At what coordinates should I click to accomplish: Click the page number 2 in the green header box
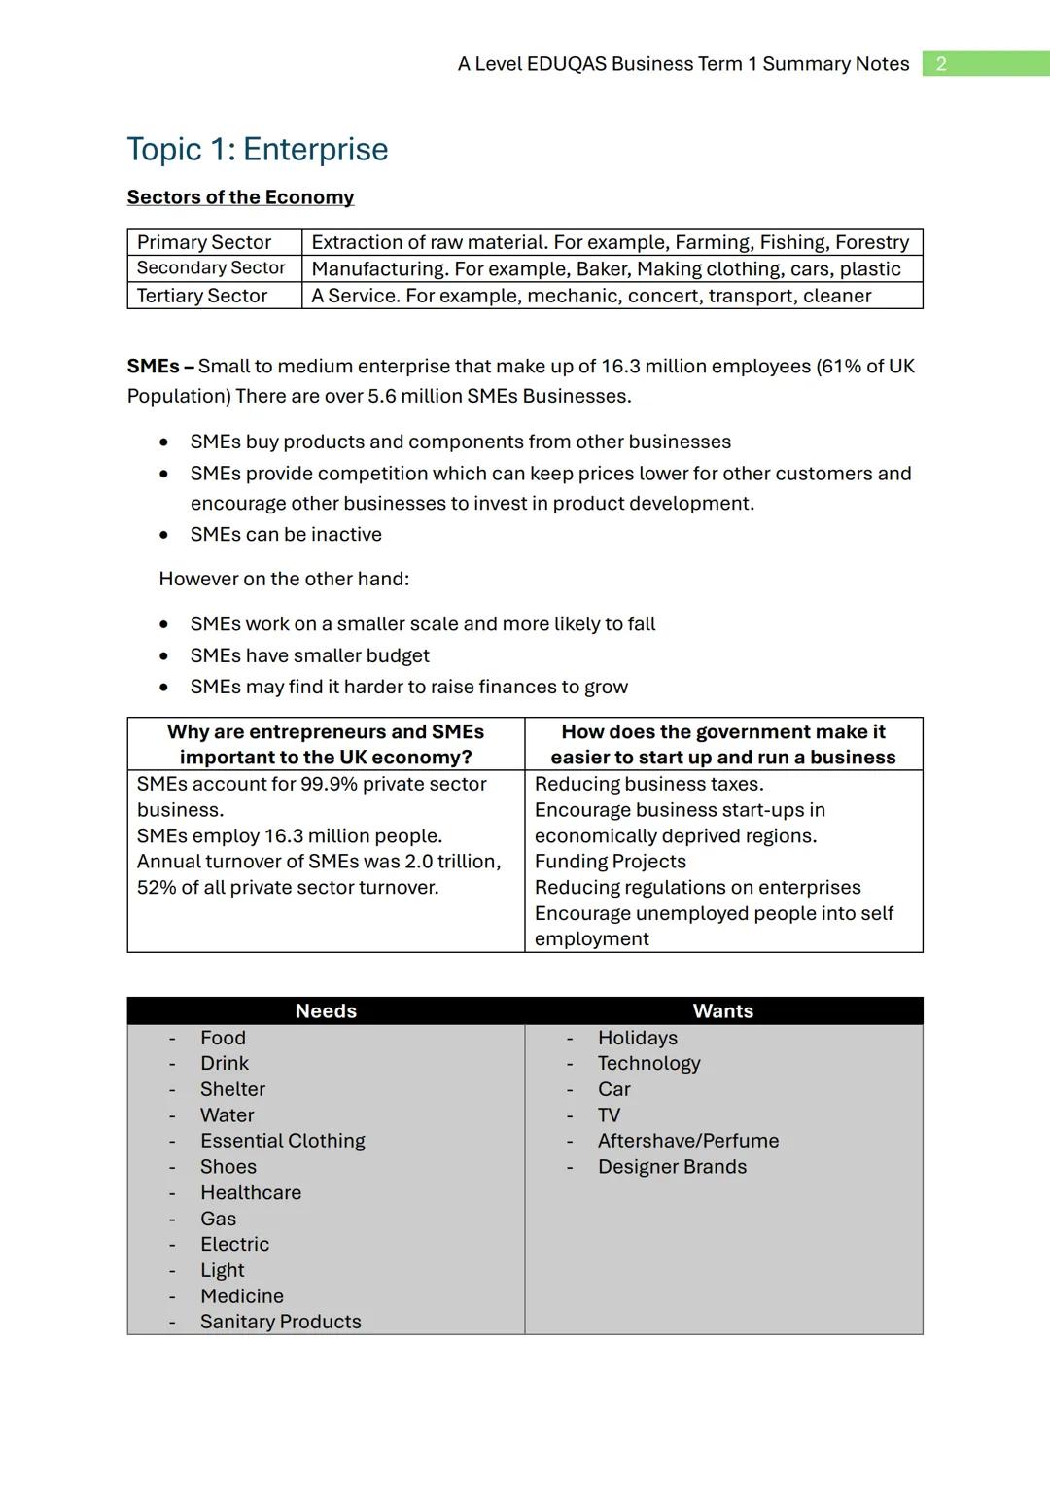[940, 64]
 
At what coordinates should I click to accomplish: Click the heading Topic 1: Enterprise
[258, 150]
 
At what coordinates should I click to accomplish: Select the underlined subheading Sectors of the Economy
[240, 197]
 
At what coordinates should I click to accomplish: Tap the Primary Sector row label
[204, 242]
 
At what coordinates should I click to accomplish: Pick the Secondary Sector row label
[211, 268]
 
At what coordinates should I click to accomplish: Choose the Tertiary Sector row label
[202, 296]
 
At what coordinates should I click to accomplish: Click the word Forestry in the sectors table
[872, 242]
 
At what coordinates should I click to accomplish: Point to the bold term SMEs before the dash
[153, 367]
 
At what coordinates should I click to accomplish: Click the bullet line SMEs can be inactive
[286, 535]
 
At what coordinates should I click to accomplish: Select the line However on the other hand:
[284, 580]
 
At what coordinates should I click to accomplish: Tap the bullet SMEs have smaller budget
[309, 656]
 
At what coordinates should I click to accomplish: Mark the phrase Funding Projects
[611, 862]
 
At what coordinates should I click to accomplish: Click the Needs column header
[326, 1011]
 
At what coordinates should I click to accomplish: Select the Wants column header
[723, 1011]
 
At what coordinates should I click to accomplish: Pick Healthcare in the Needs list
[251, 1193]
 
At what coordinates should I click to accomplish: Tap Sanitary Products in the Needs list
[280, 1322]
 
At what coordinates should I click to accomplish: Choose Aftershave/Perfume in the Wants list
[688, 1141]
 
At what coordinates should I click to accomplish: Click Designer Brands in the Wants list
[672, 1167]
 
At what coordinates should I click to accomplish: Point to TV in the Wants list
[609, 1115]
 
